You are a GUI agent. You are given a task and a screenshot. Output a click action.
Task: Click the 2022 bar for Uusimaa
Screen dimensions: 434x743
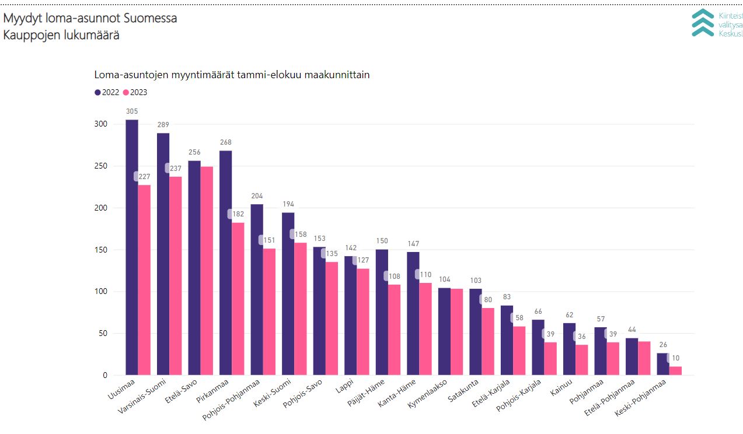[x=132, y=247]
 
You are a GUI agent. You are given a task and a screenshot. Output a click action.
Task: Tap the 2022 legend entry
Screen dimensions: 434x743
[x=107, y=92]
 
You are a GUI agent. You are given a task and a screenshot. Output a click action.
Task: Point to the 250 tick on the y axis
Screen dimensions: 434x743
[x=102, y=166]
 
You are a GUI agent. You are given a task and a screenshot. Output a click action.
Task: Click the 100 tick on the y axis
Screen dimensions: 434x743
[x=102, y=292]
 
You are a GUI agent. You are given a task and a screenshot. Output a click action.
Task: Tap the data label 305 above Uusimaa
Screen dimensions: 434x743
[x=132, y=111]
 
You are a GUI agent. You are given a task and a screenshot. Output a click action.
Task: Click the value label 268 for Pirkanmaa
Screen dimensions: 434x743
[x=225, y=142]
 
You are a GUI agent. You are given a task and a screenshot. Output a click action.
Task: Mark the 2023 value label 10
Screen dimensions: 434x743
[x=675, y=358]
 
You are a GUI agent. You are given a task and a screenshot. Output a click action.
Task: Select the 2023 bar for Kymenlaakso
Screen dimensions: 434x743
[x=457, y=332]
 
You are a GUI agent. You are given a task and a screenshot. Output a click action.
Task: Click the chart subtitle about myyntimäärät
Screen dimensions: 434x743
[x=232, y=75]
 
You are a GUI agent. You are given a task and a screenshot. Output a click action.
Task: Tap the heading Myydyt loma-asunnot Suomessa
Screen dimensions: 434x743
[x=90, y=18]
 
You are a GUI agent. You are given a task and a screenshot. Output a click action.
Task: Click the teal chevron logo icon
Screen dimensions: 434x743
[x=703, y=23]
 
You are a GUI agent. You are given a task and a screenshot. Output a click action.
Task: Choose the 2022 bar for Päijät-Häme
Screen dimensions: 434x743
[x=382, y=312]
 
